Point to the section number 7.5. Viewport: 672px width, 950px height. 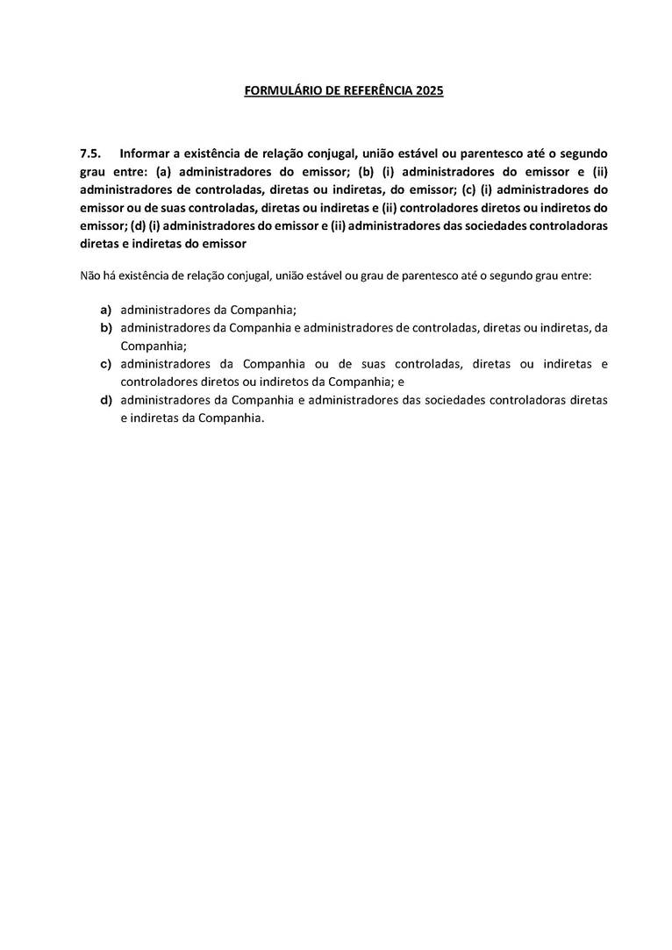click(x=89, y=154)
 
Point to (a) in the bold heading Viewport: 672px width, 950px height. click(x=163, y=172)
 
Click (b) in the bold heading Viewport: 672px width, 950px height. click(x=366, y=172)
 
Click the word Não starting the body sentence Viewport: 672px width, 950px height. click(x=89, y=275)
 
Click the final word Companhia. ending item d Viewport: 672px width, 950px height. click(x=232, y=418)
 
